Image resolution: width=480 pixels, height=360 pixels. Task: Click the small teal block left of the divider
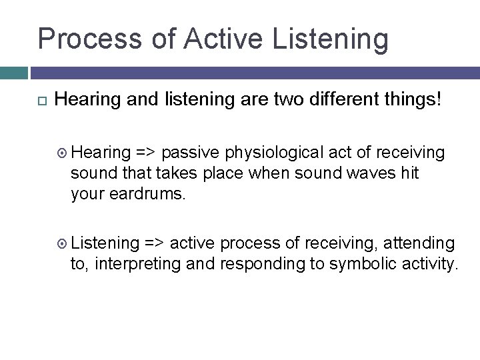coord(13,73)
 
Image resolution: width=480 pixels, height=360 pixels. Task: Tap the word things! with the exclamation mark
coord(407,101)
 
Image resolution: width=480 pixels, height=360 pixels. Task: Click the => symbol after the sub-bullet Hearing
coord(147,153)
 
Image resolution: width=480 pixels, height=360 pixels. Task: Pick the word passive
coord(196,153)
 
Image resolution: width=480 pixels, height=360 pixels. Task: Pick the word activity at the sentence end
coord(429,263)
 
